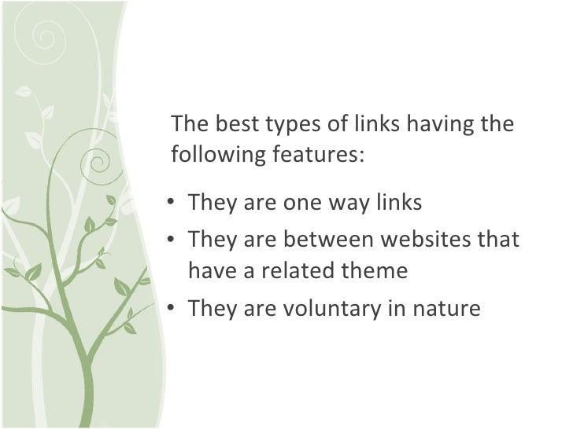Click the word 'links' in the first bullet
click(399, 203)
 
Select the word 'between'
click(320, 237)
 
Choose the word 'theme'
click(377, 272)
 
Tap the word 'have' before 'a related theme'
click(209, 272)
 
